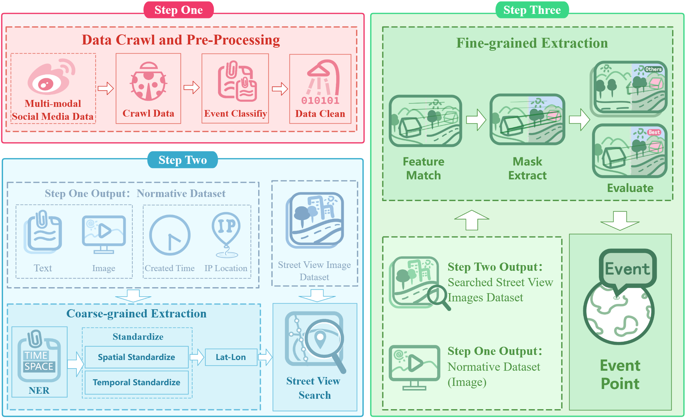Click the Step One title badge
pos(178,10)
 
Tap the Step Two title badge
pos(182,160)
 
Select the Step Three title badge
pos(532,10)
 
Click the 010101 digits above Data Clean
pos(320,101)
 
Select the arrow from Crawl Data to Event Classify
pos(191,88)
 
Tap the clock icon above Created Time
pos(170,235)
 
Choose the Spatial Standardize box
pos(136,357)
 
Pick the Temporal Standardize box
pos(136,382)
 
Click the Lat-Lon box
pos(231,357)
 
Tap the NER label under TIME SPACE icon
pos(39,391)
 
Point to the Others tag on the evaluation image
pos(653,69)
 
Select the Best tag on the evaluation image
pos(654,132)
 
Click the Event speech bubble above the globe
pos(627,269)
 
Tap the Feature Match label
pos(423,168)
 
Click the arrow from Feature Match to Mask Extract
pos(476,120)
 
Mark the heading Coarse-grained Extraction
pos(136,314)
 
